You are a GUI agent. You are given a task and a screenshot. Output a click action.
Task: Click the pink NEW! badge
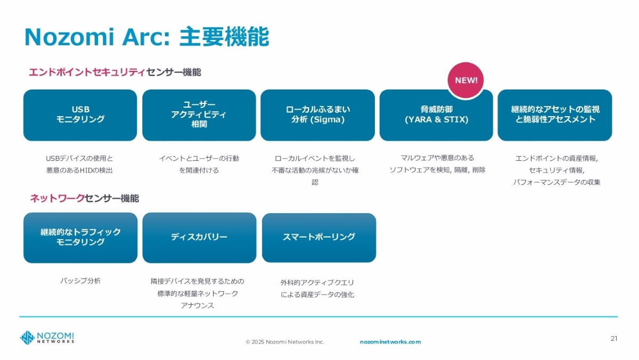(466, 80)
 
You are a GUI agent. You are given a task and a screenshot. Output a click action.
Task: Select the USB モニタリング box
(80, 115)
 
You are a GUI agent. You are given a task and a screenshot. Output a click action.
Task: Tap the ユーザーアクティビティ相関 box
(199, 115)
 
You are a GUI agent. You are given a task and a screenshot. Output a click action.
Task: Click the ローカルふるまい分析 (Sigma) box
(317, 115)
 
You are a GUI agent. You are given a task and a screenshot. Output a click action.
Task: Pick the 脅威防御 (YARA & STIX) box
(436, 115)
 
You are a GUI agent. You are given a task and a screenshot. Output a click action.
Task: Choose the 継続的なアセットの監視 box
(555, 115)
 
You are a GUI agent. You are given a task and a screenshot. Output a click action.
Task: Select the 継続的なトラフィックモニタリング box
(80, 238)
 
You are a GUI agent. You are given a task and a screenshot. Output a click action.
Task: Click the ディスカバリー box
(199, 238)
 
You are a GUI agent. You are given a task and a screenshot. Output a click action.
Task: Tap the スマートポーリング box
(318, 238)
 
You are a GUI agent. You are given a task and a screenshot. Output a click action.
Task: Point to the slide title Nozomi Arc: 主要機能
(146, 37)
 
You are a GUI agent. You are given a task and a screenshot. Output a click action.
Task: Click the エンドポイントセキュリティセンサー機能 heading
(114, 72)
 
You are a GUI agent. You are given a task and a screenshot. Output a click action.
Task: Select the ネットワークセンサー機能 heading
(84, 199)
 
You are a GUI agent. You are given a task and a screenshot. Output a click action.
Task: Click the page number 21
(614, 338)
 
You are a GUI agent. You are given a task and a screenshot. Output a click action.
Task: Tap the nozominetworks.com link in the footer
(390, 342)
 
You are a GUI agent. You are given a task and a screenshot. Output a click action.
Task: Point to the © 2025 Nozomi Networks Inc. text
(284, 342)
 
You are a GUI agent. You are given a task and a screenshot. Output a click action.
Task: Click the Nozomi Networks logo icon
(27, 338)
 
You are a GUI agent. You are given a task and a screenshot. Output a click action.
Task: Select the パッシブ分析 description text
(80, 281)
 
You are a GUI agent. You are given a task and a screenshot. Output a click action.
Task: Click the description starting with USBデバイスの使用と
(79, 164)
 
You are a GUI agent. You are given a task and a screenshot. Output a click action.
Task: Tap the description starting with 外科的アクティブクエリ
(317, 288)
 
